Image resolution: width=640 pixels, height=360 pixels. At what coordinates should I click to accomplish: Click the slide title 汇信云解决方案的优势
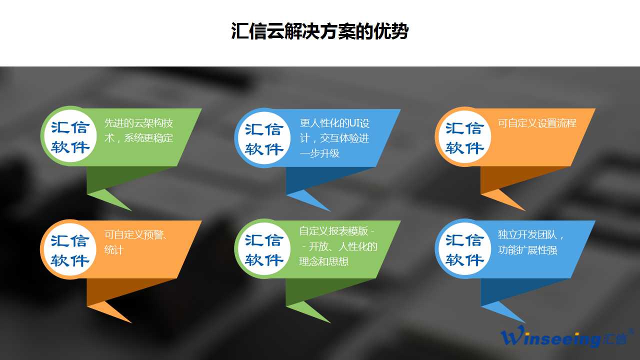click(x=319, y=31)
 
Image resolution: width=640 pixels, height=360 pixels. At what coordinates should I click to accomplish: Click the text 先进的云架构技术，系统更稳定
click(x=138, y=130)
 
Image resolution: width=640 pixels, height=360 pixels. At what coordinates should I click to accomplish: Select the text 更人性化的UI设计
click(x=334, y=123)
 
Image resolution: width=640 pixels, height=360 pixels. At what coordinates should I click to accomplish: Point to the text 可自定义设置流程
click(x=537, y=123)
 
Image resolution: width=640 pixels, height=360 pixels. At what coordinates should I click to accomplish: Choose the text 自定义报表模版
click(x=333, y=231)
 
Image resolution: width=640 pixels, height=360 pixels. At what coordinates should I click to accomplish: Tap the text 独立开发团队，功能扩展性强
click(x=531, y=242)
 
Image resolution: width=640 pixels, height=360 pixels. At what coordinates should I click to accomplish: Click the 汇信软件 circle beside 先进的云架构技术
click(x=70, y=136)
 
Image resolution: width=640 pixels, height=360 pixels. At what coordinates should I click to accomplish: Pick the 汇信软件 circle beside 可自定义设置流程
click(x=464, y=137)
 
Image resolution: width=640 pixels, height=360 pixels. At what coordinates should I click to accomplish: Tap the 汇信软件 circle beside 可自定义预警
click(x=70, y=250)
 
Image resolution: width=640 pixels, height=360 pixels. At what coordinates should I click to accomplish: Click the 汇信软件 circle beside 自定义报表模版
click(x=264, y=249)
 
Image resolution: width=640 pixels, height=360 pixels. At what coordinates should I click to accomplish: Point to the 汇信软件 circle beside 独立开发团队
click(x=464, y=249)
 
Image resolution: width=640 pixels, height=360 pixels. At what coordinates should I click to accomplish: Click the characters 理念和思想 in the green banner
click(x=324, y=261)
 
